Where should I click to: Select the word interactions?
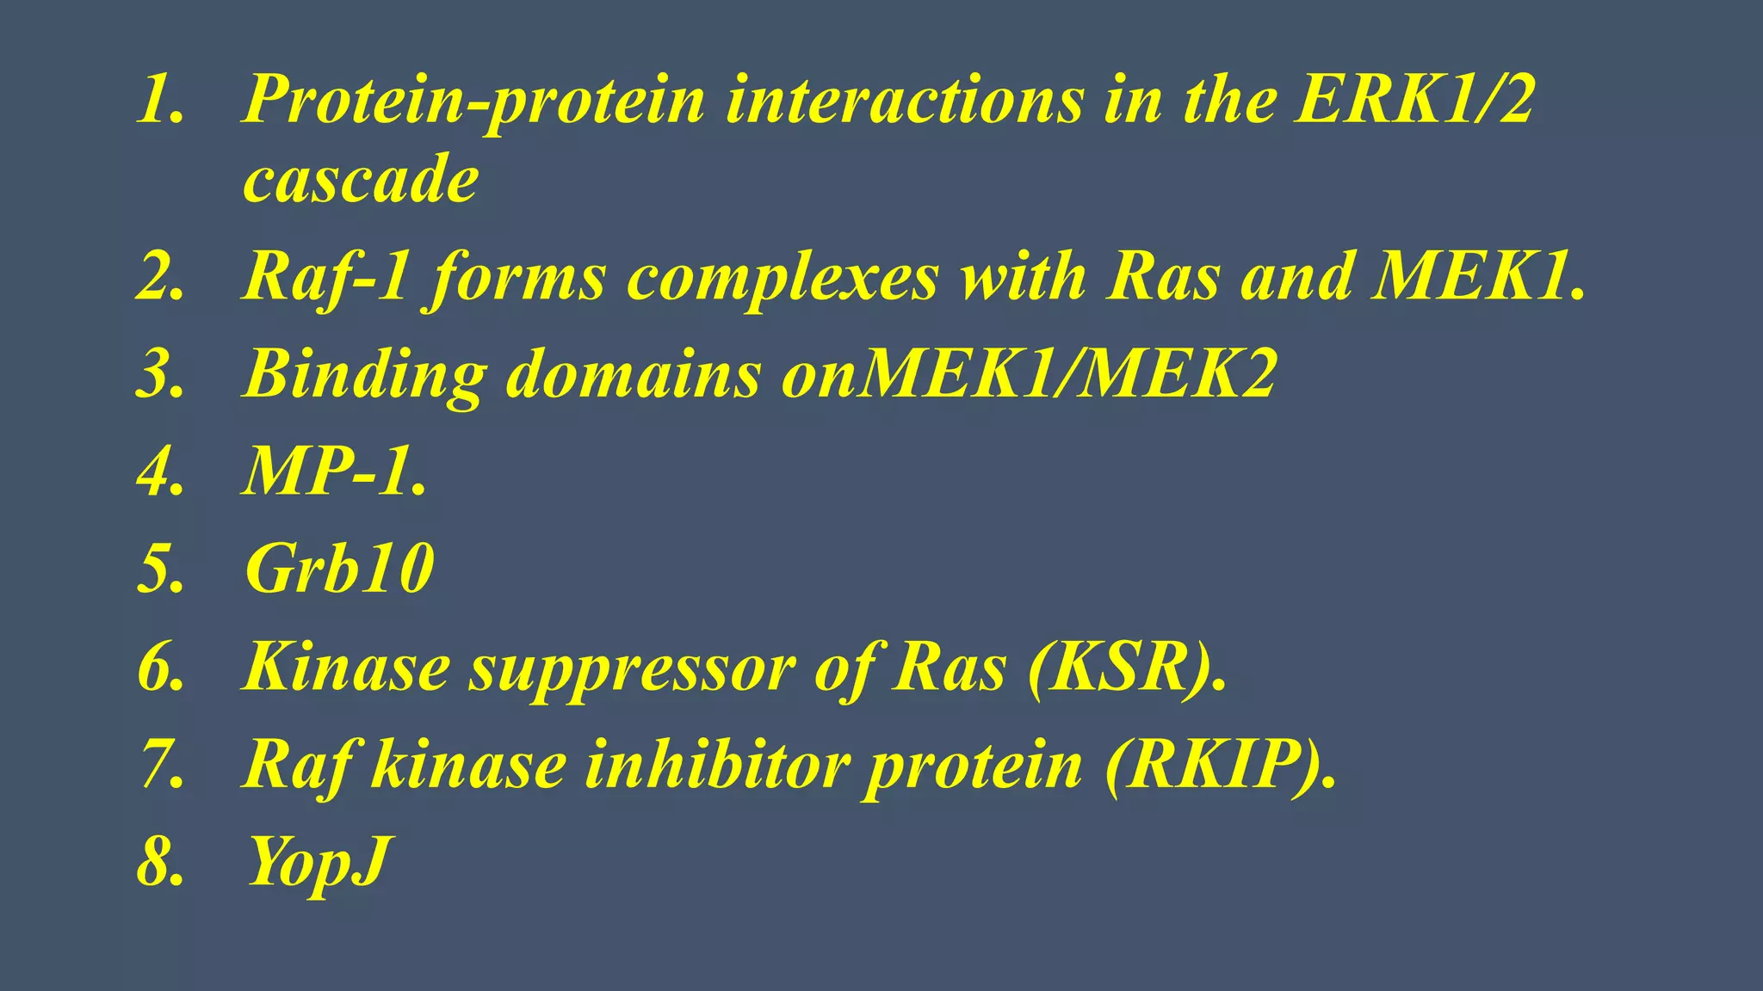point(905,101)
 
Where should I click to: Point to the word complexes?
point(782,279)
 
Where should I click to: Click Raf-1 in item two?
point(326,279)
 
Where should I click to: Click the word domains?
point(633,375)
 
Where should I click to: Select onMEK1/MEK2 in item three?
point(1029,375)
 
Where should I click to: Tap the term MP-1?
point(335,472)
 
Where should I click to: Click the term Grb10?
point(339,569)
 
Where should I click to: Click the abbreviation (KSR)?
point(1127,668)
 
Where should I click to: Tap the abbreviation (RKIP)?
point(1221,766)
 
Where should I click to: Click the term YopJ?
point(319,863)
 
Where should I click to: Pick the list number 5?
point(160,569)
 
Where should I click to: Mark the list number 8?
point(160,863)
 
